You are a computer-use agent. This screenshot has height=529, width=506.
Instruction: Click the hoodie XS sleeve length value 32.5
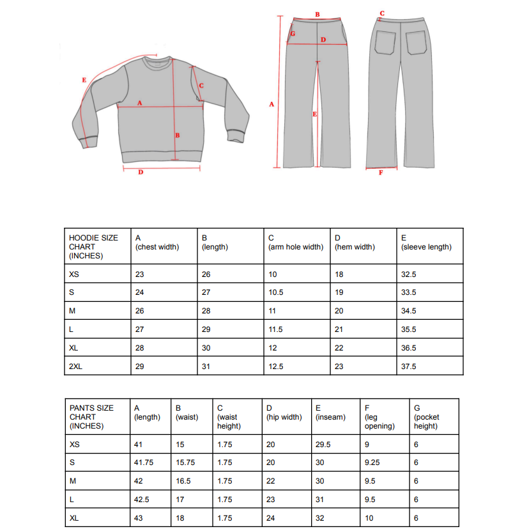[409, 274]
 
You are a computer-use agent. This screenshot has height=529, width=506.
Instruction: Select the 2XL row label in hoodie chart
[75, 367]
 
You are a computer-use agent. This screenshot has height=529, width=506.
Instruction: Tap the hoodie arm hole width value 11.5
[275, 329]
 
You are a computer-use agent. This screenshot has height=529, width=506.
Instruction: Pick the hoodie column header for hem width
[355, 242]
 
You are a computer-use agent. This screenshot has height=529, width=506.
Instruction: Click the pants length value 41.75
[144, 462]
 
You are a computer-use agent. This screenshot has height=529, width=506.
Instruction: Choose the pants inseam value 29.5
[324, 444]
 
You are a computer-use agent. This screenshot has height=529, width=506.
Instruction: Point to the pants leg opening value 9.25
[374, 462]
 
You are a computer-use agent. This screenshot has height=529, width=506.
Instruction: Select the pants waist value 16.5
[184, 481]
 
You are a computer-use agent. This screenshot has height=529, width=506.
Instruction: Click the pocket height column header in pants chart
[427, 416]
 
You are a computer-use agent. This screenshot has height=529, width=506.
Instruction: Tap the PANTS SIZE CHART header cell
[91, 416]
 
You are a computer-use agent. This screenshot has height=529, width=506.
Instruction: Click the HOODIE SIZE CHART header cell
[93, 246]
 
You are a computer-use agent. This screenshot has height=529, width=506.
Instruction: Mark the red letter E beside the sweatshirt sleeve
[84, 80]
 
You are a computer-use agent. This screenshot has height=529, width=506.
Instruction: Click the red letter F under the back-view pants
[381, 171]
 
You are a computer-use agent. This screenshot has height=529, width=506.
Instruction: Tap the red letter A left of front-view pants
[271, 104]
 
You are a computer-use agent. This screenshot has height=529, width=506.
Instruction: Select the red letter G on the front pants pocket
[293, 33]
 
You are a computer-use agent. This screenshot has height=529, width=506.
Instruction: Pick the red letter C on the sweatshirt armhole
[201, 86]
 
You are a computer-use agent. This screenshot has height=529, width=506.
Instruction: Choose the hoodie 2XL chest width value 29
[140, 367]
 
